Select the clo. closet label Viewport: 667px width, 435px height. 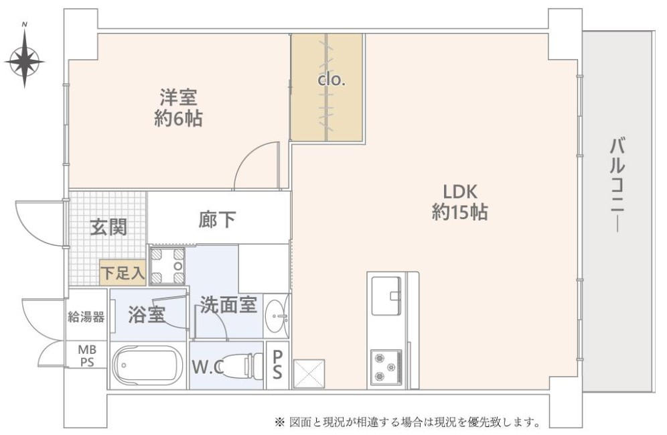[x=331, y=80]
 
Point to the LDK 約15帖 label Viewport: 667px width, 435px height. [x=460, y=202]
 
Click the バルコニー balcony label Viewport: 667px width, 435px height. [x=617, y=185]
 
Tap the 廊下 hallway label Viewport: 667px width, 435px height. [x=217, y=220]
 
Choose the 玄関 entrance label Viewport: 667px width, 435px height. [x=108, y=227]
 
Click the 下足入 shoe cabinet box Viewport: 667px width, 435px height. [x=123, y=272]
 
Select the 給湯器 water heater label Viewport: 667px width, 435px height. [x=86, y=316]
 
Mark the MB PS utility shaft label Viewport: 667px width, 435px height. [x=87, y=357]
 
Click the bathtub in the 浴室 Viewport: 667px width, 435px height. [x=147, y=365]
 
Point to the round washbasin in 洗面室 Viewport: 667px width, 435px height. [x=277, y=316]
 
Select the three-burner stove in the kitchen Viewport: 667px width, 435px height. [x=386, y=367]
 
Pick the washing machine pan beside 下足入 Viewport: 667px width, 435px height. [x=167, y=266]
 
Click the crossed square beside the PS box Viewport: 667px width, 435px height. [x=309, y=374]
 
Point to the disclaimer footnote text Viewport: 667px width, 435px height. [x=408, y=422]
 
